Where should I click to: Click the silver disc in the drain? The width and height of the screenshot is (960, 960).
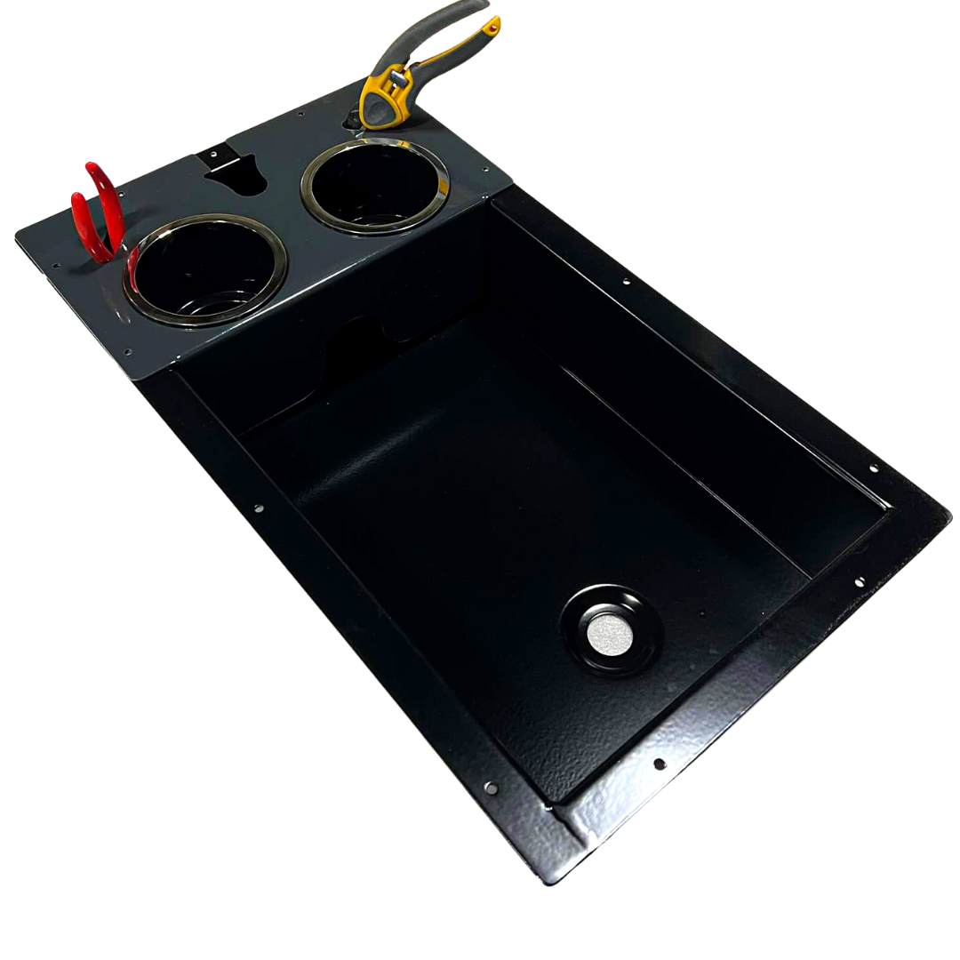point(610,631)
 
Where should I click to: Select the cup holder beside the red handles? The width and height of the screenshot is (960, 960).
point(205,269)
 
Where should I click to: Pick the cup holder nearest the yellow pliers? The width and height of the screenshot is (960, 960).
point(375,186)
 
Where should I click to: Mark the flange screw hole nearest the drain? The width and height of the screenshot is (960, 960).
point(660,764)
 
